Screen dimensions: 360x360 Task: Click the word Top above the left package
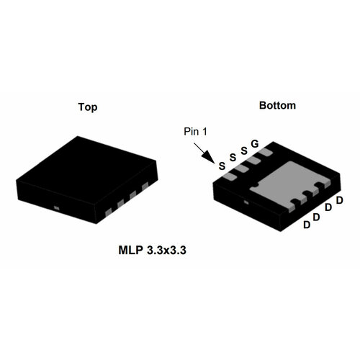tap(88, 107)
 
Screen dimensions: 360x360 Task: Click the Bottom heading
tap(277, 105)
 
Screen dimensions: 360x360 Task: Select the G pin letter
tap(254, 145)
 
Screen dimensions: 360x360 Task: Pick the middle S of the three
tap(233, 157)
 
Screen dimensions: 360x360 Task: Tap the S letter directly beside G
tap(243, 150)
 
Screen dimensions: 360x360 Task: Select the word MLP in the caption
tap(131, 252)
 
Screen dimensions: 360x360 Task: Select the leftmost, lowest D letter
tap(307, 225)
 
